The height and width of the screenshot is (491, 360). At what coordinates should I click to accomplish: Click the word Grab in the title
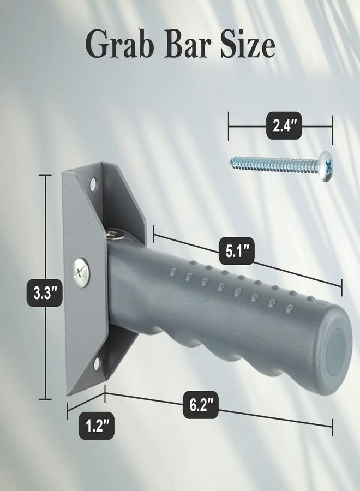tap(120, 45)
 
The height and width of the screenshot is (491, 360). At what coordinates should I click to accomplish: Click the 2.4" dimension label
tap(284, 125)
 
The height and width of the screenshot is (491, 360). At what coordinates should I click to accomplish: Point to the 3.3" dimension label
tap(45, 292)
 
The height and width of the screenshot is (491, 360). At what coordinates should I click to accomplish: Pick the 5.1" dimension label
tap(236, 251)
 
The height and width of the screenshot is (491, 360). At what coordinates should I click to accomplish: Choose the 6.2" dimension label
tap(201, 405)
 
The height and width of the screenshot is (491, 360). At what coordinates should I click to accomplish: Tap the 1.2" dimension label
tap(97, 425)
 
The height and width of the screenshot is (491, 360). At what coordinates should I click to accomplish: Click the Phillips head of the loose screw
tap(326, 166)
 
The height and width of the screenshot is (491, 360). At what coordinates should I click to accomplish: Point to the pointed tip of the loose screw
tap(231, 162)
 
